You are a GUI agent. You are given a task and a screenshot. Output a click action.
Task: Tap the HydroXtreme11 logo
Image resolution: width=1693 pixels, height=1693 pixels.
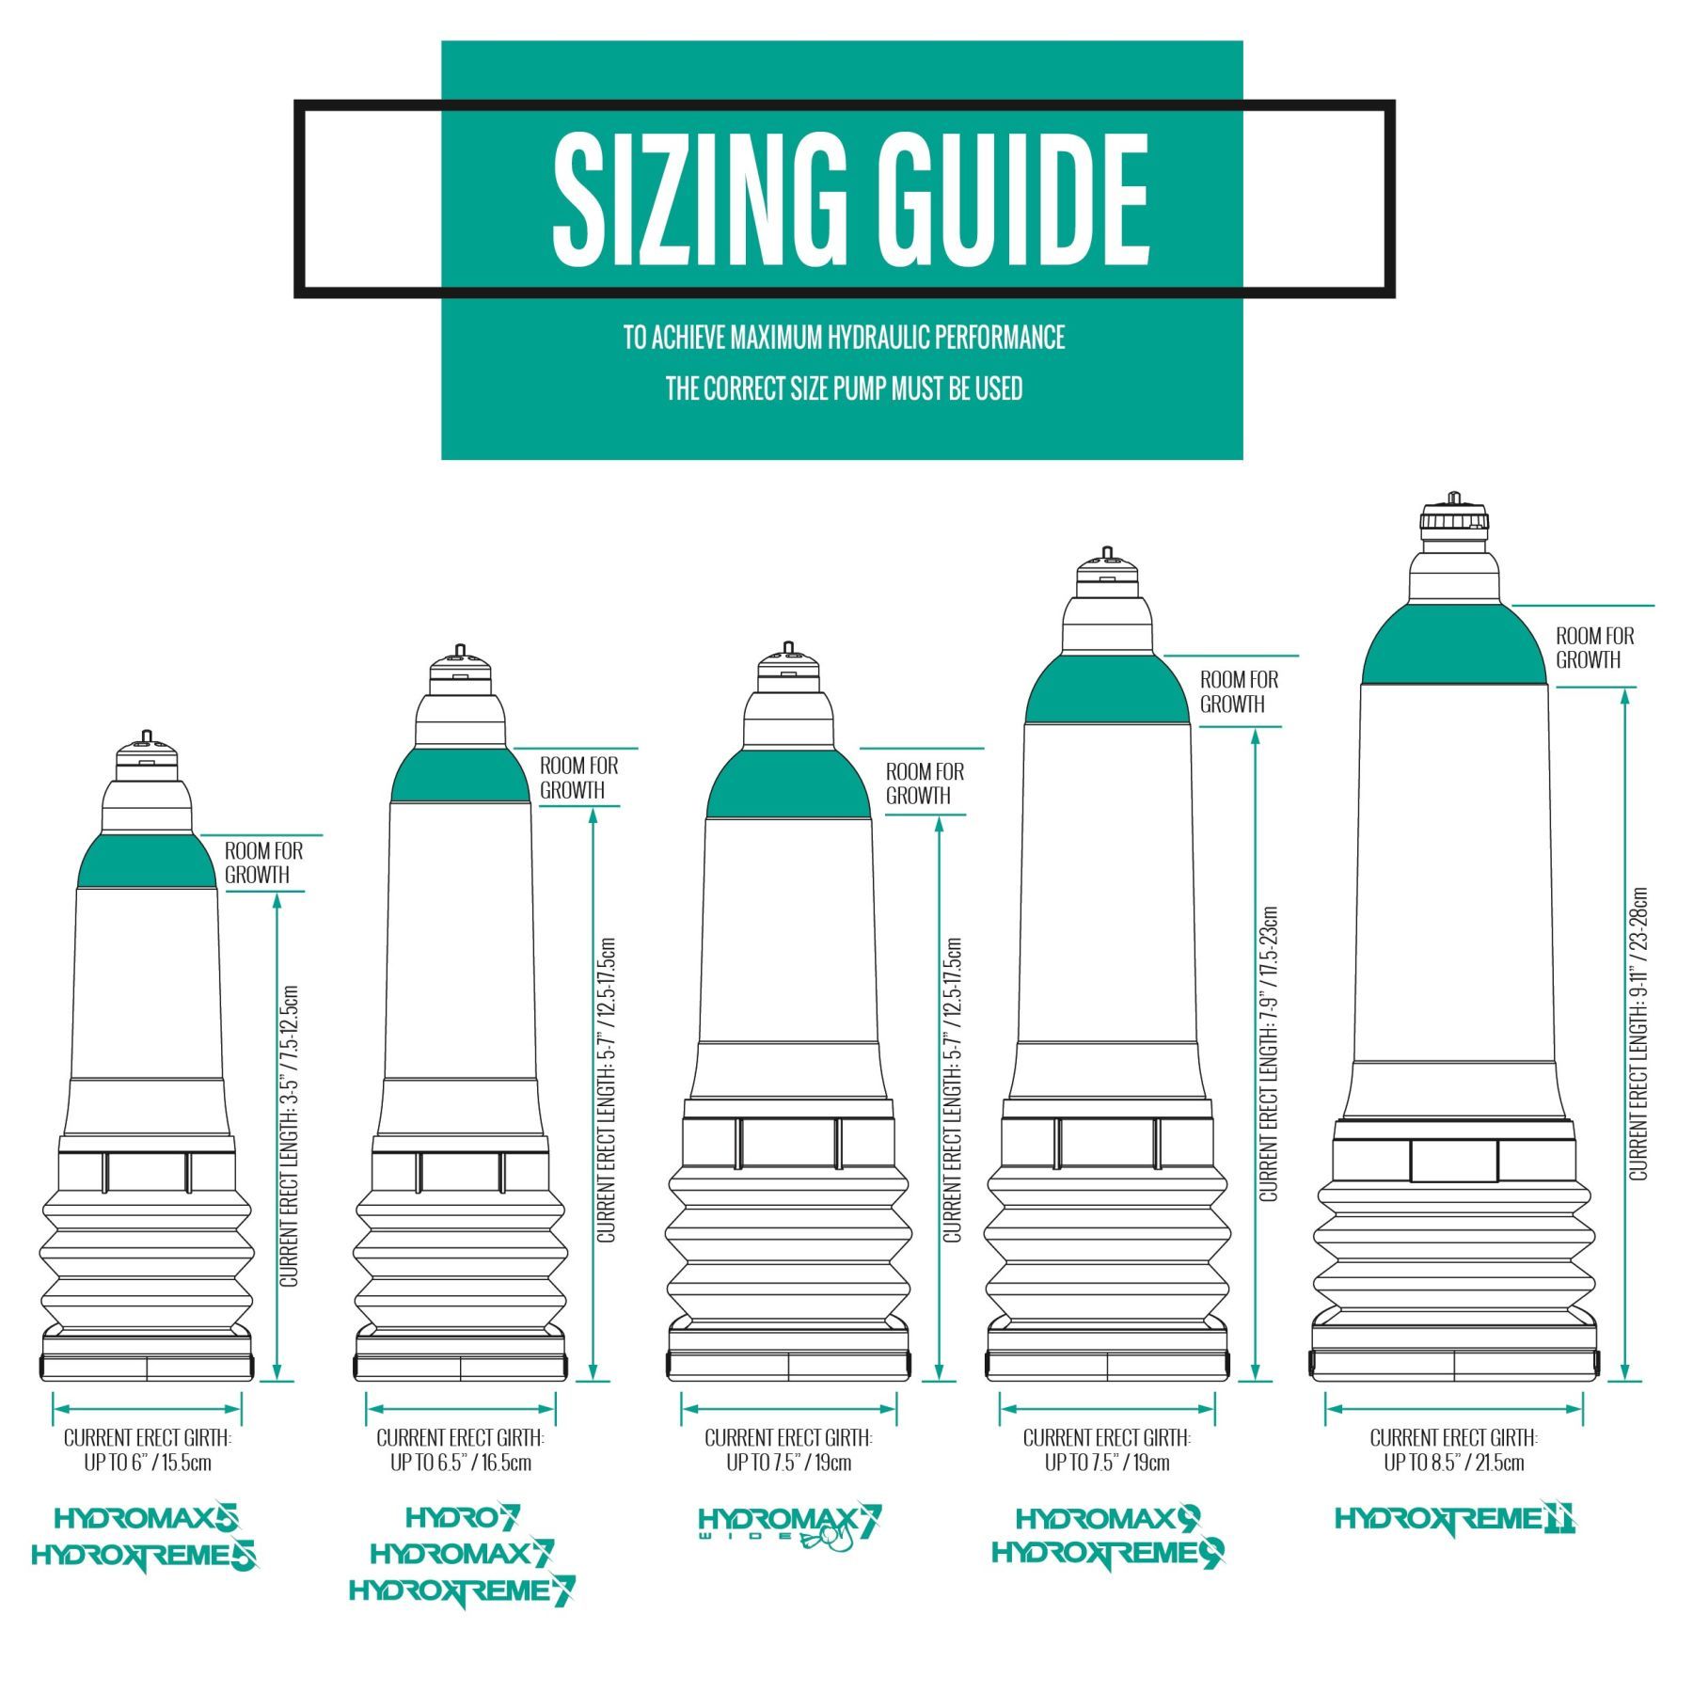[1455, 1518]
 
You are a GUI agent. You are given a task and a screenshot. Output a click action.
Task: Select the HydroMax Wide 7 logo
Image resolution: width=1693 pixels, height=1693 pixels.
[790, 1525]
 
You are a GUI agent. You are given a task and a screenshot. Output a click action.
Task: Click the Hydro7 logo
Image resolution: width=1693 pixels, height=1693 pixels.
[463, 1516]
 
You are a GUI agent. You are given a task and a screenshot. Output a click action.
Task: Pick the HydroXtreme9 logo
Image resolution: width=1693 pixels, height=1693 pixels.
[1108, 1553]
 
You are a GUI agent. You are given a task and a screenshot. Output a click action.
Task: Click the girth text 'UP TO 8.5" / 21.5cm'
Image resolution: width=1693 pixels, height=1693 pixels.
[1453, 1463]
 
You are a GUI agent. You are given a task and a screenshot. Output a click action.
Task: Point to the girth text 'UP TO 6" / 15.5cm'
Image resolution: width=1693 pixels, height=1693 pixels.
[147, 1463]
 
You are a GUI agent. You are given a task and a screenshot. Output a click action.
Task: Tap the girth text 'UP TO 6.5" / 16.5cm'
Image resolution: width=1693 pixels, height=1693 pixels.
[461, 1463]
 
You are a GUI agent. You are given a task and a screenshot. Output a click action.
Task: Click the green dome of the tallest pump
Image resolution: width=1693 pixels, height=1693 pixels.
[1454, 645]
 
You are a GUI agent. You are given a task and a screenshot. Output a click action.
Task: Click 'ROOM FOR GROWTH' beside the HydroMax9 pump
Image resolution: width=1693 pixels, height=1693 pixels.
[1239, 691]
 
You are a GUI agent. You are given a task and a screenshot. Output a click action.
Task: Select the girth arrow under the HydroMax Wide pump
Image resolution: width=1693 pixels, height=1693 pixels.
[788, 1409]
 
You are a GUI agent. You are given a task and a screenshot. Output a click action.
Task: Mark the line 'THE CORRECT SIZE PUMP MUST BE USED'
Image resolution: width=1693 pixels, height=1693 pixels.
[844, 388]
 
